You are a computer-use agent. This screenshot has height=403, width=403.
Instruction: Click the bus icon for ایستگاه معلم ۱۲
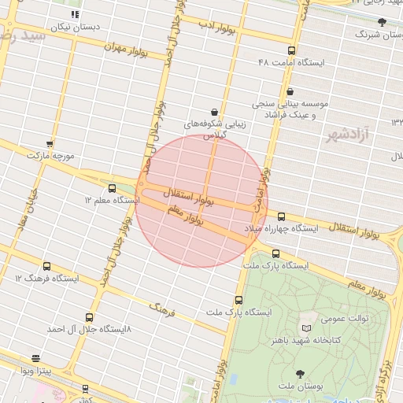point(112,188)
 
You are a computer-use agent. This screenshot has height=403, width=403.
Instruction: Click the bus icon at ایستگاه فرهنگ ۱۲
point(46,266)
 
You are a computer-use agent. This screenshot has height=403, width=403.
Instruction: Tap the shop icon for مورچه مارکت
point(50,144)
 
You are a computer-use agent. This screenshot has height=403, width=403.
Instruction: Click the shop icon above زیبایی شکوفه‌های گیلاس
point(215,112)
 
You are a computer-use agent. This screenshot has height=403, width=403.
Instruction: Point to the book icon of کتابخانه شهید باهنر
point(306,327)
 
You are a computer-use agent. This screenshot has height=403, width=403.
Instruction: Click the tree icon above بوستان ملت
point(299,374)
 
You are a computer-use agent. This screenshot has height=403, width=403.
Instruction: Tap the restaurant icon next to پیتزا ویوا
point(35,358)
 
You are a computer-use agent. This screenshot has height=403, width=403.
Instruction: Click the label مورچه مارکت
point(50,157)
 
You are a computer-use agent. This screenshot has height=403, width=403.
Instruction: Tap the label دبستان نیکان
point(76,27)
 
